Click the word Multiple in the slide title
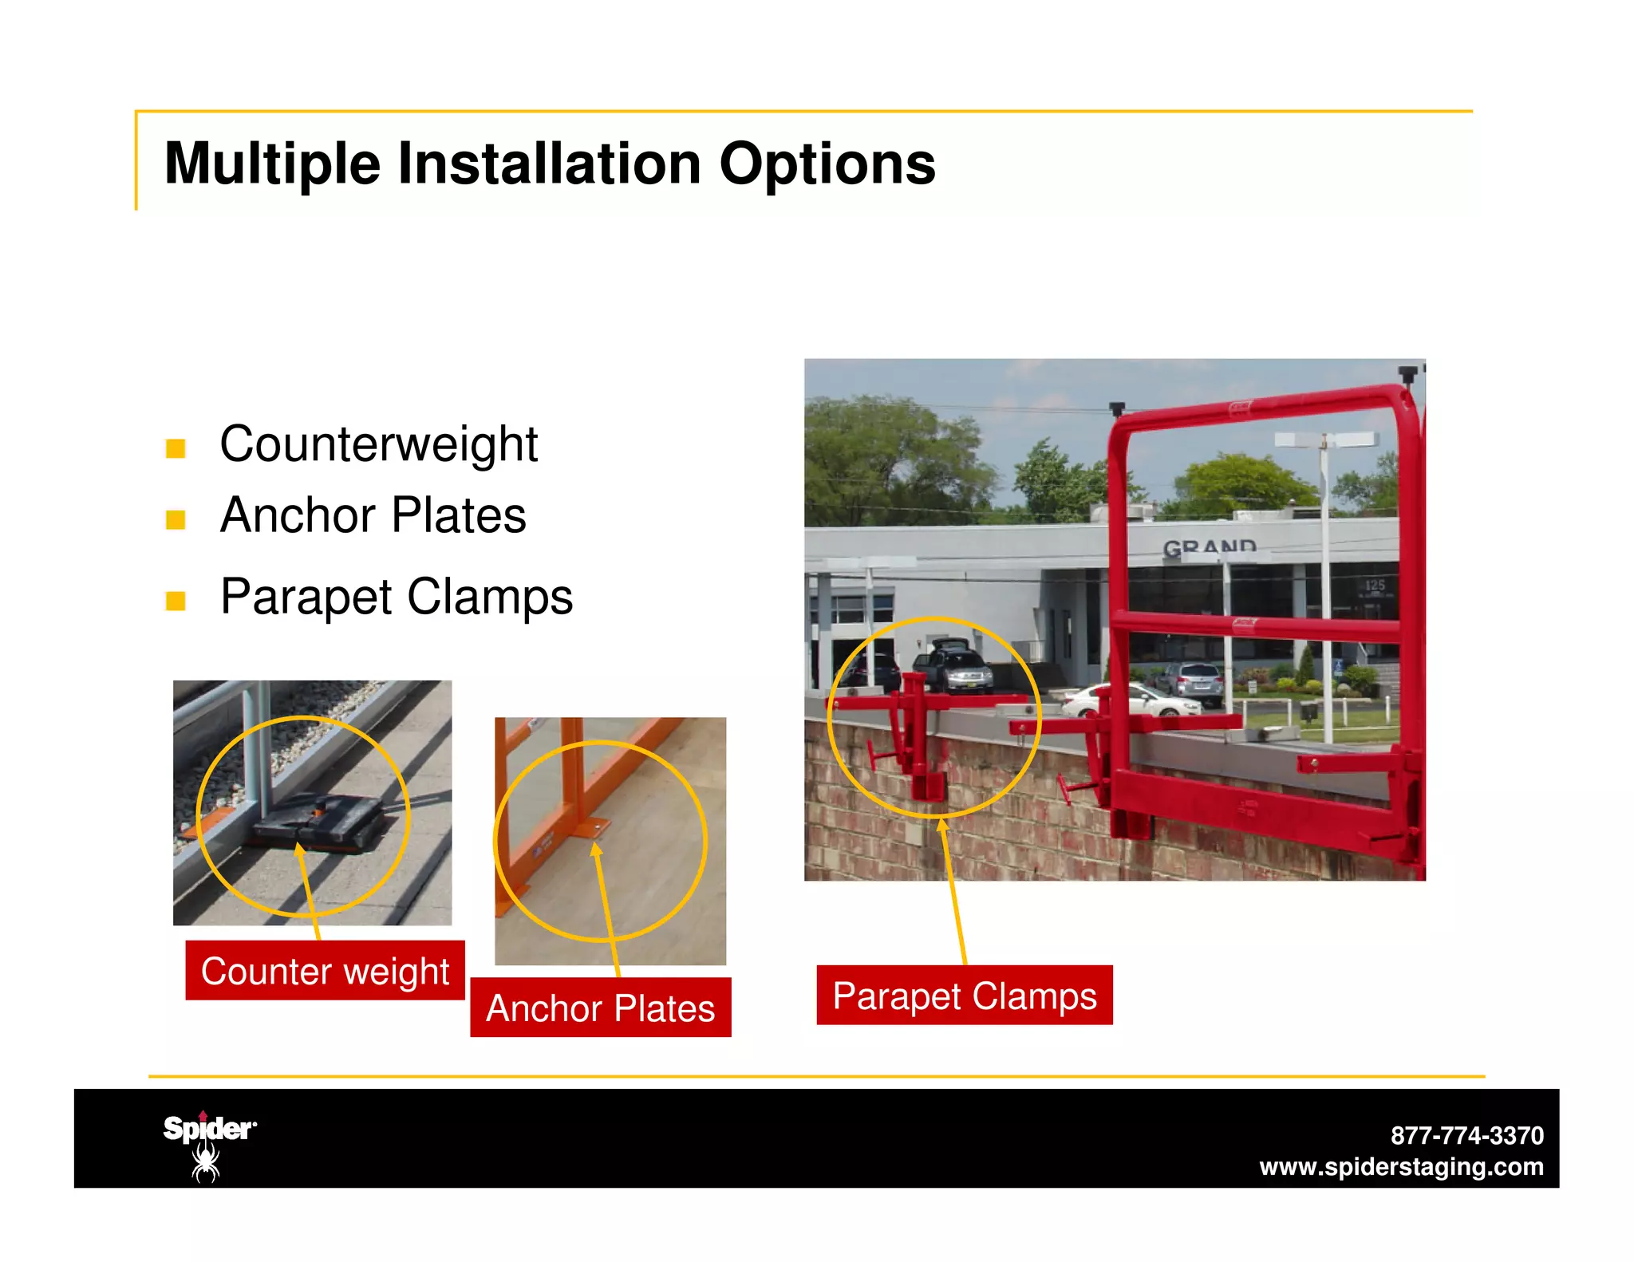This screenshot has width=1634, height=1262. pos(272,164)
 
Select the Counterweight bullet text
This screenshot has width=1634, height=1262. pos(378,444)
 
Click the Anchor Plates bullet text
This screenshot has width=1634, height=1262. pos(373,515)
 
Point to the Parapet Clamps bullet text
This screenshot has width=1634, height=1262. pos(396,597)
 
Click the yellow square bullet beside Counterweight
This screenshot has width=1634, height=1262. pos(176,448)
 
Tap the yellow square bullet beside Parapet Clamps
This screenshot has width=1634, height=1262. pos(176,601)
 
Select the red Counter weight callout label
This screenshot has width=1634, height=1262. pos(325,971)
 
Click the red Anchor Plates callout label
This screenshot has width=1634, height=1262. pos(600,1008)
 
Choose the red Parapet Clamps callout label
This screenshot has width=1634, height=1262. pos(964,996)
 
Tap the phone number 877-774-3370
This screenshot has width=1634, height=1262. pos(1466,1135)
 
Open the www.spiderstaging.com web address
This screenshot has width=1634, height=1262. pos(1401,1167)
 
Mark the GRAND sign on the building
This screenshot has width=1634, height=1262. pos(1209,547)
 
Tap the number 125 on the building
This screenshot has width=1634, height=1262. pos(1375,586)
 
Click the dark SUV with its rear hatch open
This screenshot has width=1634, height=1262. pos(954,666)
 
